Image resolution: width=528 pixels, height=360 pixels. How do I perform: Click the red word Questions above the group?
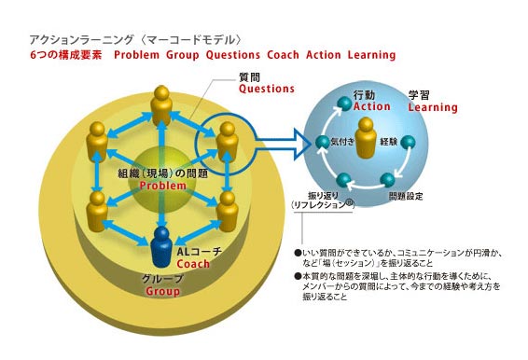[266, 90]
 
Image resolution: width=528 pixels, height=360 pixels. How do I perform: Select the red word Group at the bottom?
[162, 291]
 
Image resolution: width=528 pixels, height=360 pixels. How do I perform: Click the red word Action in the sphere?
[372, 106]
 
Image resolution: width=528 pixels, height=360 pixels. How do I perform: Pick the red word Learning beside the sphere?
[433, 107]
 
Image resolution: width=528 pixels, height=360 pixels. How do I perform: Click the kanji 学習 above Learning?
[421, 94]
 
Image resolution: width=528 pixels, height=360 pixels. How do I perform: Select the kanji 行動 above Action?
[366, 94]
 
